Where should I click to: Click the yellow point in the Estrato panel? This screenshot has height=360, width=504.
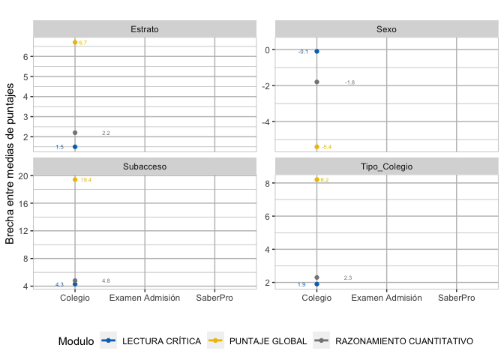click(75, 42)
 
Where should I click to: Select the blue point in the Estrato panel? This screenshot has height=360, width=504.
click(75, 147)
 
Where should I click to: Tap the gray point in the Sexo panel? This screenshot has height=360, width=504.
click(316, 82)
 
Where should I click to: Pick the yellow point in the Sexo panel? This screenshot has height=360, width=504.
click(316, 147)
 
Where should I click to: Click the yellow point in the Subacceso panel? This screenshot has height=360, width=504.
click(75, 179)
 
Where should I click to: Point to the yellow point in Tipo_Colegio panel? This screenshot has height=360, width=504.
click(316, 179)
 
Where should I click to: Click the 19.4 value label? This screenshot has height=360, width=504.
click(86, 181)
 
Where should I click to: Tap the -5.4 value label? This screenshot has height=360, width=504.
click(326, 148)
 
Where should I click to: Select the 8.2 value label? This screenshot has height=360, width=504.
click(325, 181)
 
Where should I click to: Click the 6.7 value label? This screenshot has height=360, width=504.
click(83, 43)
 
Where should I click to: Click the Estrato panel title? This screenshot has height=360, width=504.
click(144, 30)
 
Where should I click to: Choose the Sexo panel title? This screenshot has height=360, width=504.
click(386, 30)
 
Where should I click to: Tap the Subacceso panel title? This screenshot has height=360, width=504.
click(144, 166)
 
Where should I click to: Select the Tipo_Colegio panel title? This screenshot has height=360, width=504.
click(386, 166)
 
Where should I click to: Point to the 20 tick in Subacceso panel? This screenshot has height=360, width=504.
click(23, 175)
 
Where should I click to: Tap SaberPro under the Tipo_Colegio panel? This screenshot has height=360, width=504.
click(457, 298)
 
